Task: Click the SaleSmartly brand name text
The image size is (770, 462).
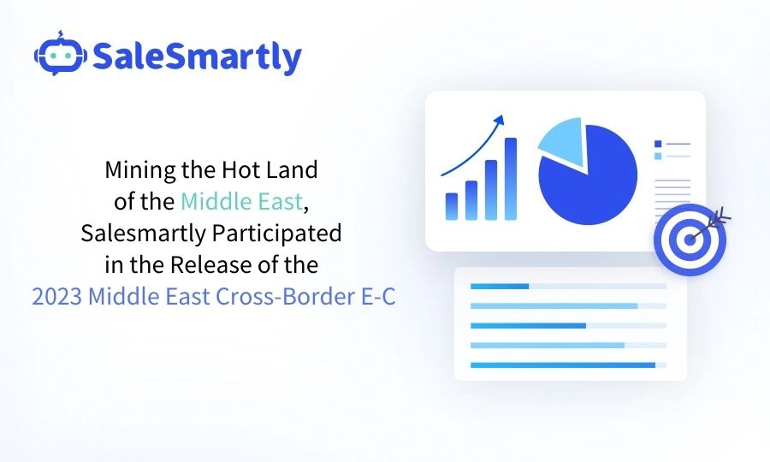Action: point(196,57)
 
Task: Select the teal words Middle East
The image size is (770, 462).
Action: point(241,202)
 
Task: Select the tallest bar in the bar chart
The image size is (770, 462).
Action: point(511,179)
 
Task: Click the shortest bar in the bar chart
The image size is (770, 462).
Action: point(452,206)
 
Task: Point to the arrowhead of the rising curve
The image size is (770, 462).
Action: point(500,120)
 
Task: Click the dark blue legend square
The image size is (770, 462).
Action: point(657,144)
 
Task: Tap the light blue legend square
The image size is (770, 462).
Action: point(657,156)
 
